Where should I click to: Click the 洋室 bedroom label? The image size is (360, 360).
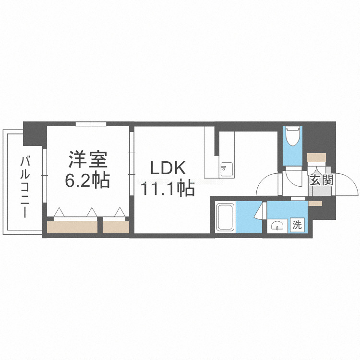pyautogui.click(x=88, y=159)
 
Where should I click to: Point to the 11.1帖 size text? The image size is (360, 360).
pyautogui.click(x=167, y=188)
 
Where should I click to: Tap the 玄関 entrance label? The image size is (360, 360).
pyautogui.click(x=321, y=181)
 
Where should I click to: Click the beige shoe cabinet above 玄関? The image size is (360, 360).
pyautogui.click(x=317, y=157)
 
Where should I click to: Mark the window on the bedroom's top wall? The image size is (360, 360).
pyautogui.click(x=91, y=124)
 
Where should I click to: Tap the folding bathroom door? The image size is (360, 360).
pyautogui.click(x=262, y=211)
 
